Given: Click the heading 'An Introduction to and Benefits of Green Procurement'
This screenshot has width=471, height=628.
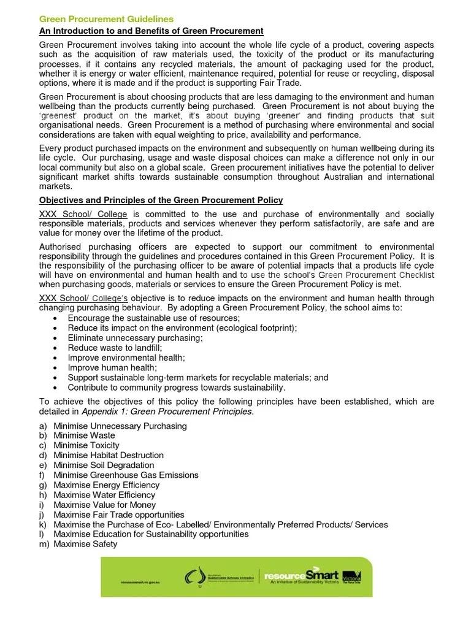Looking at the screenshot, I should click(151, 31).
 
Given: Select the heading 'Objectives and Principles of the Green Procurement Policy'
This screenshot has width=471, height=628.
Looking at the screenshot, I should click(161, 201).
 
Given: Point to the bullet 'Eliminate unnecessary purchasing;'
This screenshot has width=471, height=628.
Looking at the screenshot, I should click(135, 338).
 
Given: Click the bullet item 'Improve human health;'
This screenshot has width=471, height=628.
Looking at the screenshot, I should click(112, 368).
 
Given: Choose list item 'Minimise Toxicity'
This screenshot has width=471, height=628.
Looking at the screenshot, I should click(86, 445).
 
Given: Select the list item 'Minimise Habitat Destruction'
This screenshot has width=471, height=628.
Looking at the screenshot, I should click(109, 455).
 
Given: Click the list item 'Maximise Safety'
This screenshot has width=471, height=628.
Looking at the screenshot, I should click(85, 544).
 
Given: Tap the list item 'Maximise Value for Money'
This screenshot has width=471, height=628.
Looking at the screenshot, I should click(105, 505).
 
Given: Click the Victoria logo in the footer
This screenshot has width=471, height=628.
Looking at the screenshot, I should click(351, 577).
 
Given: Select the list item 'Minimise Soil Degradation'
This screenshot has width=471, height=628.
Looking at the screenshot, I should click(104, 465).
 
